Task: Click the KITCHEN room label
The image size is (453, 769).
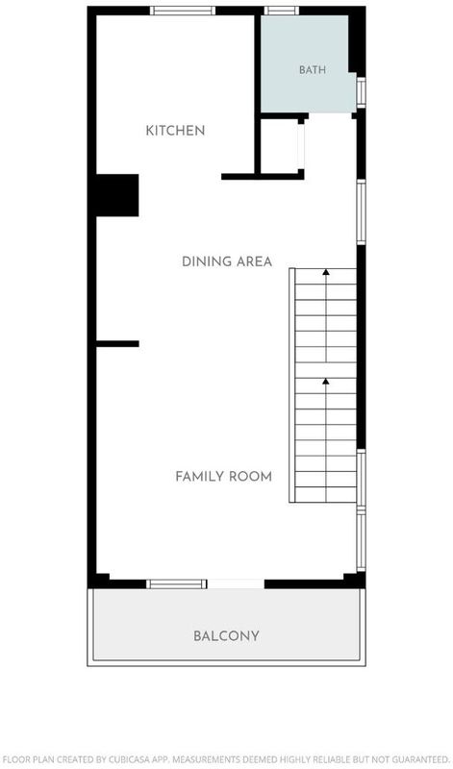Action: [175, 131]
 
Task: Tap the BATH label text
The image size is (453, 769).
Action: [313, 69]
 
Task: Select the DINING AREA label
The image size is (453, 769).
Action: [227, 261]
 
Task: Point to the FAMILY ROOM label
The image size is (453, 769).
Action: [224, 476]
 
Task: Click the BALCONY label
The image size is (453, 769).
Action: [226, 636]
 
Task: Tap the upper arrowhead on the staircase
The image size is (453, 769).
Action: [326, 271]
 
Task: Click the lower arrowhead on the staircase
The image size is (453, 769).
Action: [326, 381]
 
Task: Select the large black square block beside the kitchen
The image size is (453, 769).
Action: [116, 195]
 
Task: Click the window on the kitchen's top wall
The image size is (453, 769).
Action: [183, 11]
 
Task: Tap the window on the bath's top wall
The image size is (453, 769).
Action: [282, 11]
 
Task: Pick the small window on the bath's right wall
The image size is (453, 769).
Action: [362, 92]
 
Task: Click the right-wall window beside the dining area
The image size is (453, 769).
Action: [362, 211]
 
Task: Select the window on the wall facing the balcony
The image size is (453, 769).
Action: [177, 583]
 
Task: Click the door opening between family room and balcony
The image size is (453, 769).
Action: [236, 583]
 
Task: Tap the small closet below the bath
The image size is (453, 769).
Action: [279, 146]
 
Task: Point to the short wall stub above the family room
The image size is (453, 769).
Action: [117, 344]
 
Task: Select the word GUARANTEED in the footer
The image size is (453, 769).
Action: [420, 759]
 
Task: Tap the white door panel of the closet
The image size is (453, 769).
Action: [301, 147]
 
